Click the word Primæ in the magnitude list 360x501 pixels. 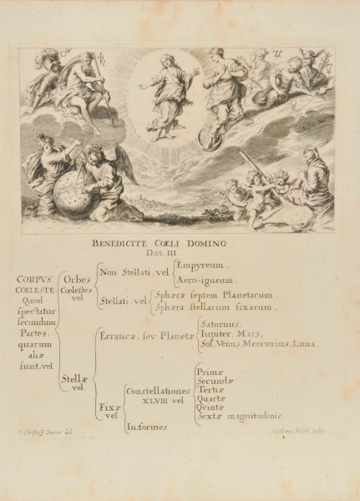pos(210,369)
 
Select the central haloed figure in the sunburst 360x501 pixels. pos(166,92)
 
